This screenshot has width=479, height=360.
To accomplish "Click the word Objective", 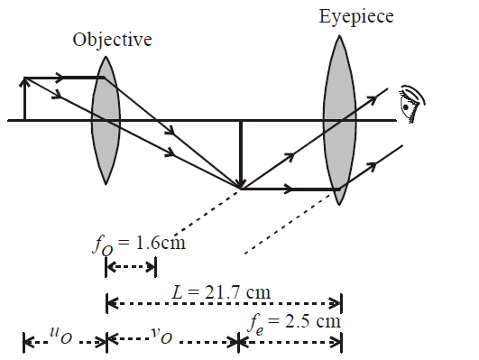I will [113, 41].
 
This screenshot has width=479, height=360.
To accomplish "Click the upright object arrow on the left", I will [25, 99].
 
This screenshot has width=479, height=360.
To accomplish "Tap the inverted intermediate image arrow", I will [240, 153].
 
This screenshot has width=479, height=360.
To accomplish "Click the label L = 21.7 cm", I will [221, 291].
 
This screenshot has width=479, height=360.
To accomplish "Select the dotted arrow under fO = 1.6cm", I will [132, 266].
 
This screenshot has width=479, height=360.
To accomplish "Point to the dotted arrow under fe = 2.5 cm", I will [291, 342].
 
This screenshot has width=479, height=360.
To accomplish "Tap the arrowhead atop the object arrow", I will [25, 81].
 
